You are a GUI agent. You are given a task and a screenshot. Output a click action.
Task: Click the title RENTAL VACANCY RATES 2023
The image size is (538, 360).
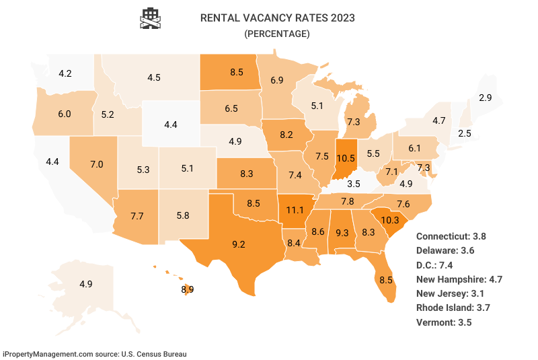point(277,17)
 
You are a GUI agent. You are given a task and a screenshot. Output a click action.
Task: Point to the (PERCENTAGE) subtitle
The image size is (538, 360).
point(276,33)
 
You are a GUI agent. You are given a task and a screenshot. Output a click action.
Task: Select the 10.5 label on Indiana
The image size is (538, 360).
point(346,157)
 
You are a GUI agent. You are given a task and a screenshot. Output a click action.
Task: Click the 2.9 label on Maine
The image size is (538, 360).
point(485,98)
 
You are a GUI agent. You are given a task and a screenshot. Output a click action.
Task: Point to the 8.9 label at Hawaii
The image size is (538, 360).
point(188,289)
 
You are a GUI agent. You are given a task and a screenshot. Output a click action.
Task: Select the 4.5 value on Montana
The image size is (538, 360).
point(154,77)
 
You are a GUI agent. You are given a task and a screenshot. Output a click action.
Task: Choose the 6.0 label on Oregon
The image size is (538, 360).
point(65,114)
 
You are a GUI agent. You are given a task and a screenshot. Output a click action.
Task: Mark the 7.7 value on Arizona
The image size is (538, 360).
point(137,216)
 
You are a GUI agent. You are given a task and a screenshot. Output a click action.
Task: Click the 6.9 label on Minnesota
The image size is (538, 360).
point(276,80)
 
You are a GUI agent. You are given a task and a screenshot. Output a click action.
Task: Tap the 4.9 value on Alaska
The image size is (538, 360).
point(85,284)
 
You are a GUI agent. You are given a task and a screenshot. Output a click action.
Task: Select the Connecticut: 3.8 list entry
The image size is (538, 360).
point(451,236)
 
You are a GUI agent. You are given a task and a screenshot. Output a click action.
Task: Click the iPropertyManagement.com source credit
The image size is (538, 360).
point(94,353)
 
